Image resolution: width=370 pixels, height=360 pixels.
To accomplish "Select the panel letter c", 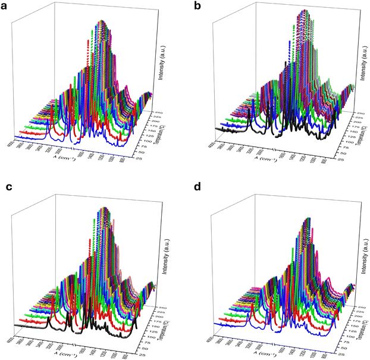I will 10,189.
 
